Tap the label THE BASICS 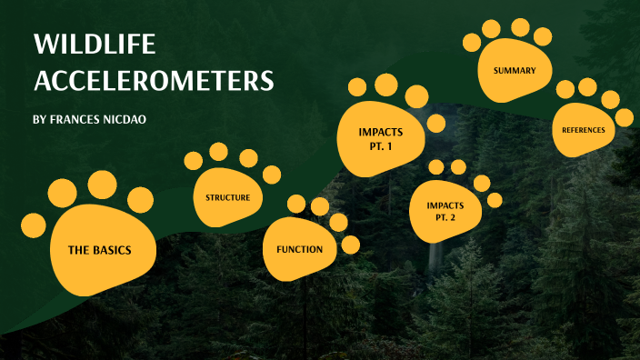pos(100,249)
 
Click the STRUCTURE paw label pos(227,196)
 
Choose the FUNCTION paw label pos(299,248)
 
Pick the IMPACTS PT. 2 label pos(445,211)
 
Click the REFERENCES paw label pos(584,130)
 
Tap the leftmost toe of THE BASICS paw pos(34,225)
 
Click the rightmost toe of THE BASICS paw pos(140,199)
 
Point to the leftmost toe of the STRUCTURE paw pos(194,161)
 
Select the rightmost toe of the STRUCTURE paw pos(271,175)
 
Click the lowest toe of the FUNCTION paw pos(350,244)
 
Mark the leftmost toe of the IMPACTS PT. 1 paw pos(357,88)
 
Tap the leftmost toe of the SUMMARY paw pos(472,42)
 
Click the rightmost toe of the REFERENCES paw pos(624,117)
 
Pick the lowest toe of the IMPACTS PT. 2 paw pos(495,200)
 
